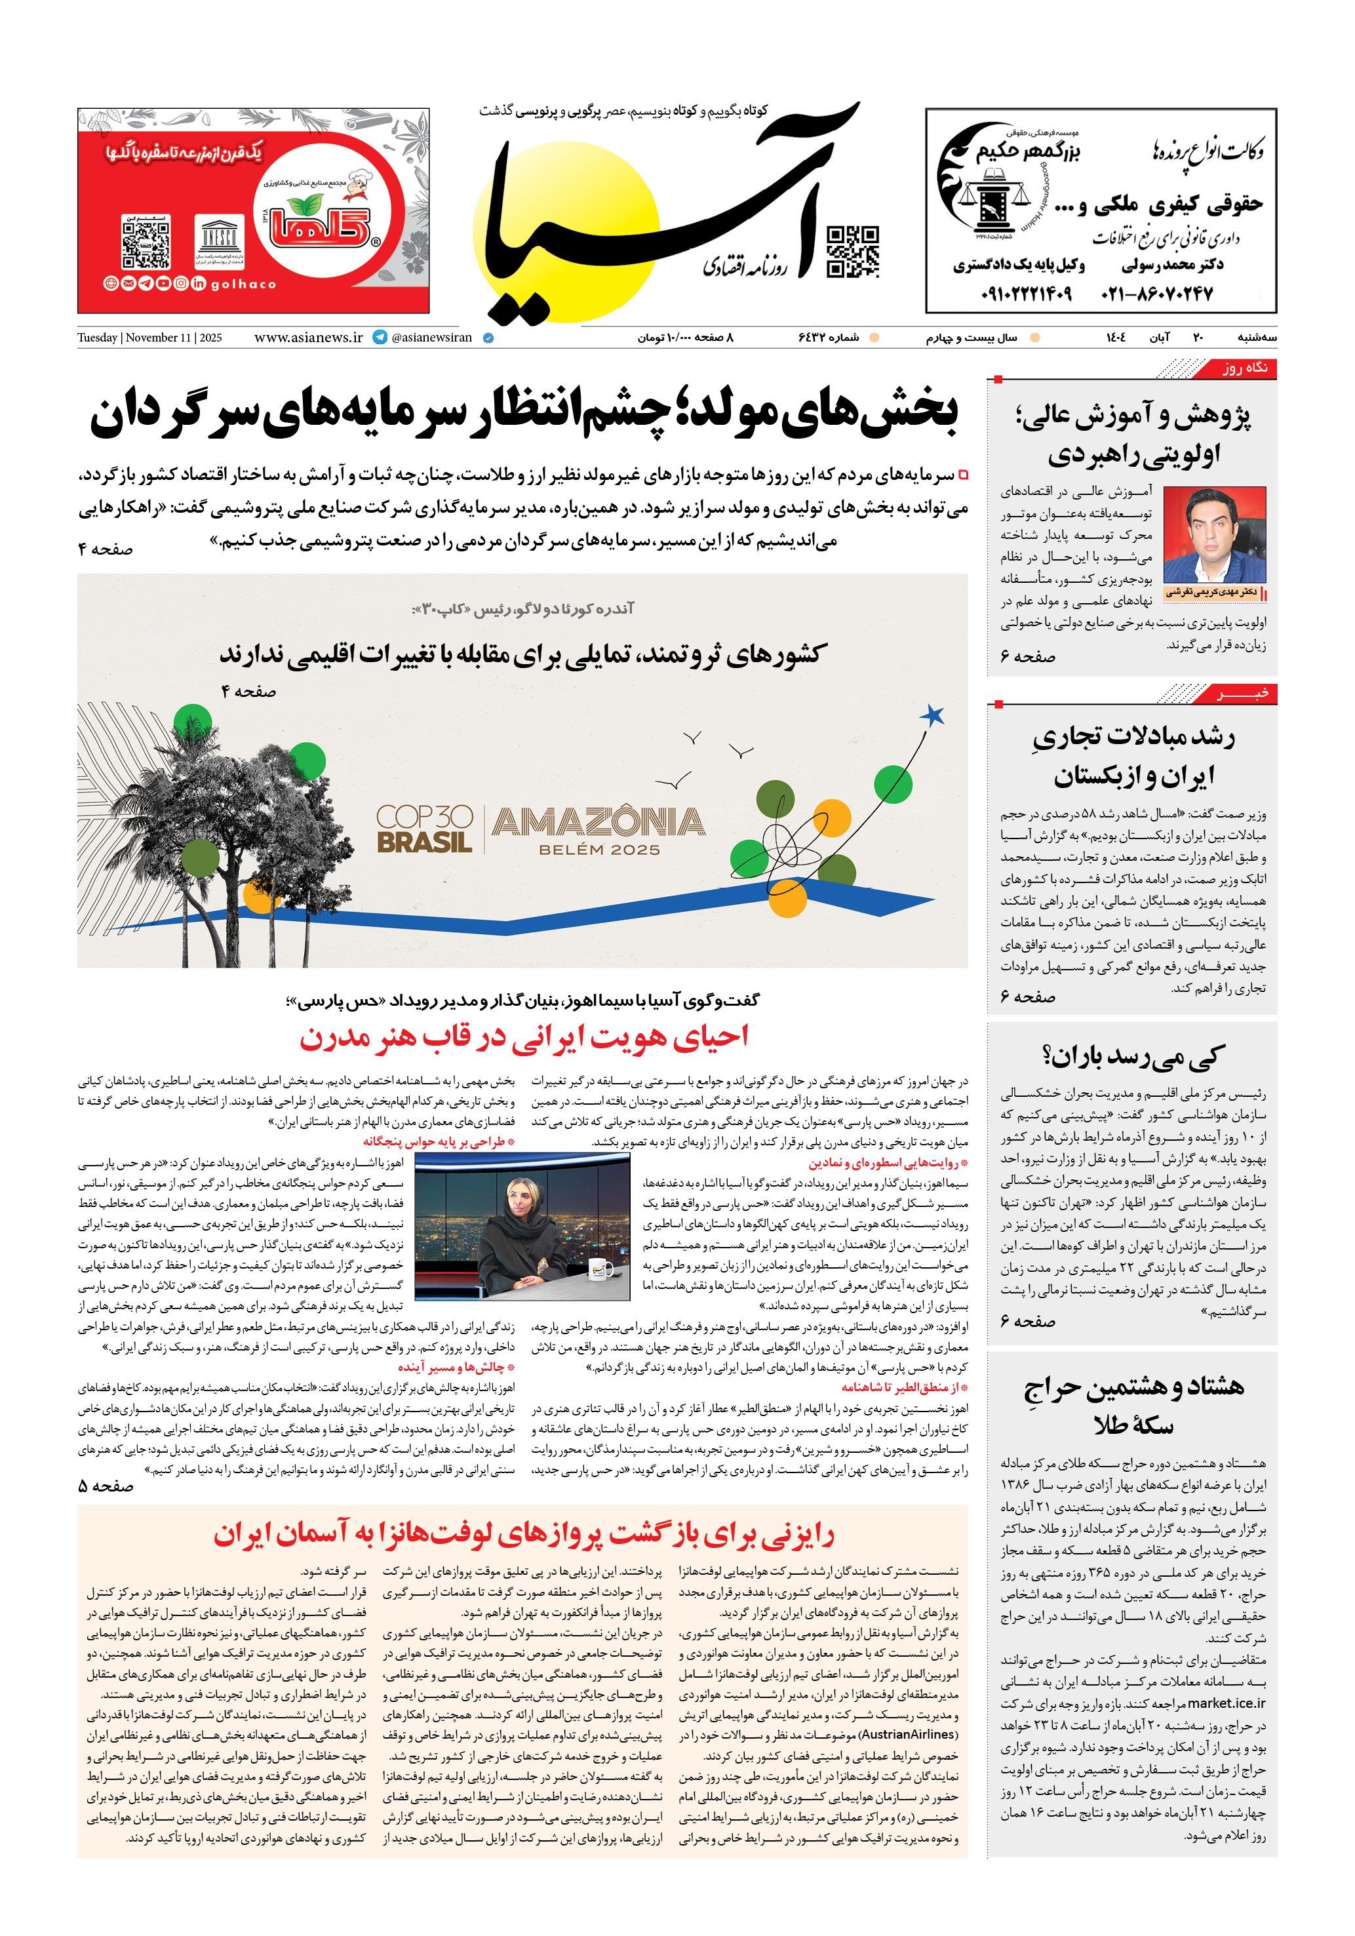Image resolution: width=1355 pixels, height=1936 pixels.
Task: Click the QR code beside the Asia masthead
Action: [x=852, y=250]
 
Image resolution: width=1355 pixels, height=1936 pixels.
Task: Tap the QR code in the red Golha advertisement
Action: [x=146, y=241]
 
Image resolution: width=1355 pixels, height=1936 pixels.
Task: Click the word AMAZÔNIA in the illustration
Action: [x=598, y=821]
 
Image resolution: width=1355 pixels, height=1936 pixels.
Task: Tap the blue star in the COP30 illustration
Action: [x=931, y=716]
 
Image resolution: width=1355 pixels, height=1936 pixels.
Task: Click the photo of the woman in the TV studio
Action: [x=522, y=1226]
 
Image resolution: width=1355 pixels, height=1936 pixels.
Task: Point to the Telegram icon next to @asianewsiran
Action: [x=380, y=337]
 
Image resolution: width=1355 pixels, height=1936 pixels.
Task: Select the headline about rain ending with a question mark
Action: [x=1132, y=1056]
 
